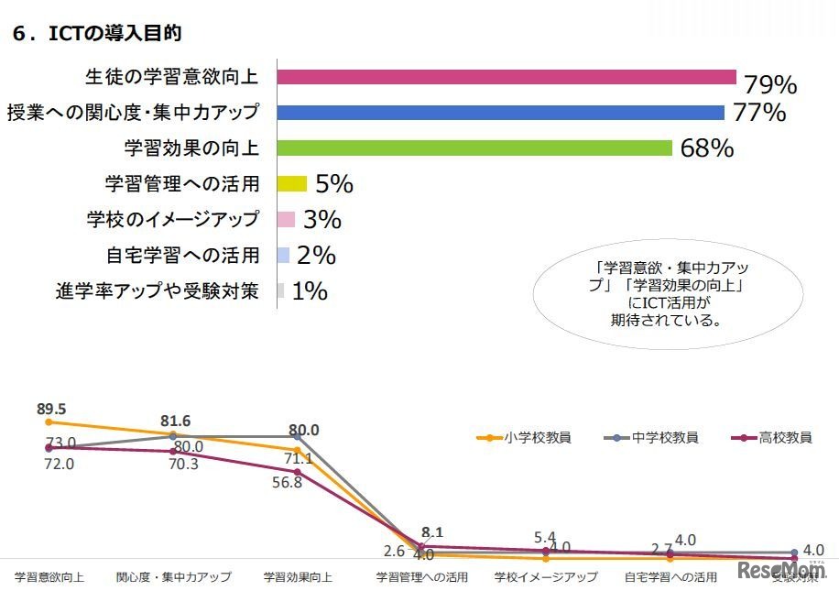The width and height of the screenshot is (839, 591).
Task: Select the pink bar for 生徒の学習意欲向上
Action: coord(507,77)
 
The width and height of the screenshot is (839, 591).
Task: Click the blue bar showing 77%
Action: coord(501,113)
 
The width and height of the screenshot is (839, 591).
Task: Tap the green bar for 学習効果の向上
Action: coord(474,148)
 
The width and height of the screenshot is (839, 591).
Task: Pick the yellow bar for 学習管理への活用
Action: coord(291,184)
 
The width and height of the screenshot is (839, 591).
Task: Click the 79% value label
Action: coord(770,85)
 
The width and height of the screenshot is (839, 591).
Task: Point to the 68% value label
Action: coord(706,148)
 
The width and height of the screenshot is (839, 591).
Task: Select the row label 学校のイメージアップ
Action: coord(173,220)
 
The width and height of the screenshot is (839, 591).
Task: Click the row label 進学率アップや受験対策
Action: coord(158,291)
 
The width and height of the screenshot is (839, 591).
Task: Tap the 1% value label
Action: coord(310,291)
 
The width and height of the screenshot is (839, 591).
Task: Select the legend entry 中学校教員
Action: coord(652,437)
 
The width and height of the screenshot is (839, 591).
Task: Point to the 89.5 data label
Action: coord(51,409)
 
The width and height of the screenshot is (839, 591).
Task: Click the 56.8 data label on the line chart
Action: coord(287,483)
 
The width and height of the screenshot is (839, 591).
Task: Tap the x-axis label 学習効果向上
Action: coord(298,577)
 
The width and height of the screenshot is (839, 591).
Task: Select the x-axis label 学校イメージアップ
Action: coord(546,577)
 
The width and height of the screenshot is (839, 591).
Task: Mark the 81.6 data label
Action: coord(175,421)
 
